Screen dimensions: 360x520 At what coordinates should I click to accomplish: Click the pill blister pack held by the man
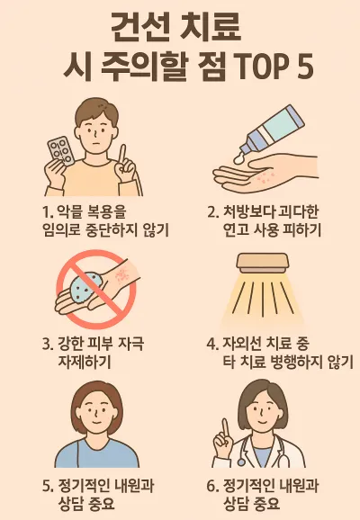60,151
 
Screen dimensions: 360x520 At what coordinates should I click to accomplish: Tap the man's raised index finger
123,156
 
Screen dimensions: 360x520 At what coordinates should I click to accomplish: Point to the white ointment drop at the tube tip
239,159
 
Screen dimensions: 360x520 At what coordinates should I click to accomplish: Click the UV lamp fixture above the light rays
262,263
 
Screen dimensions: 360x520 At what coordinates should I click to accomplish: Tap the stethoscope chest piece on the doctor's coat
240,462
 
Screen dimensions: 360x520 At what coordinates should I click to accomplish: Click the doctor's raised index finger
226,428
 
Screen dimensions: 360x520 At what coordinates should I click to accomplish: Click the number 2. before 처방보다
212,212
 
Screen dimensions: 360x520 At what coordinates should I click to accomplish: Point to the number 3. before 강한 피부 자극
48,344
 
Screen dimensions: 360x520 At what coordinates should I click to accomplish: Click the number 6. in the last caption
212,487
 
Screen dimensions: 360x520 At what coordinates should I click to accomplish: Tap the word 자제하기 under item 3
85,362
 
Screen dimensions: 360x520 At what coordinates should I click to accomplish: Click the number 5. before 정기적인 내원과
48,487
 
